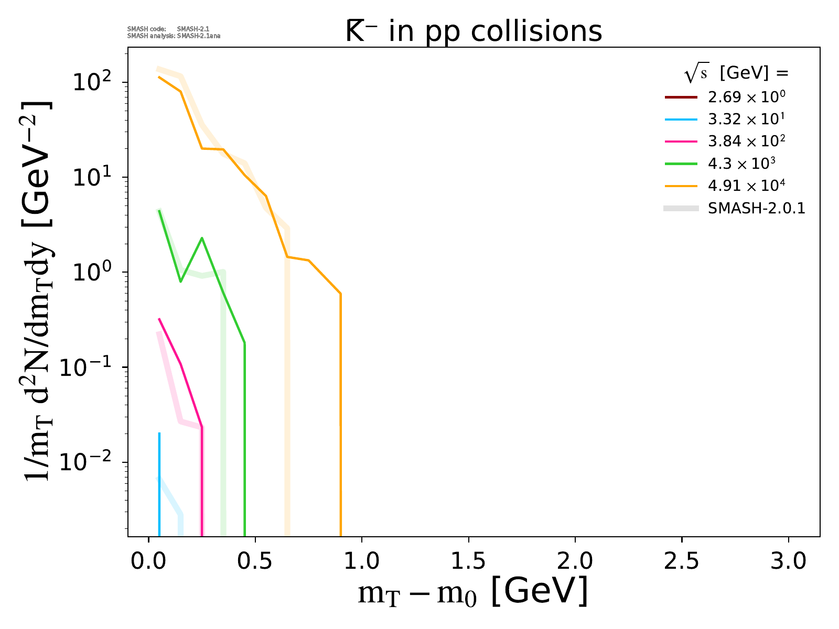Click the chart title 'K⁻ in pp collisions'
point(474,32)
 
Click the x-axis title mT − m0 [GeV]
point(472,592)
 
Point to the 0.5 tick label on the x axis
point(255,561)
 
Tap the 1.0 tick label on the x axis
point(362,561)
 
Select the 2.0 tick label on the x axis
point(575,561)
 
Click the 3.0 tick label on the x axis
point(788,561)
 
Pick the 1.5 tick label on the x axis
point(468,561)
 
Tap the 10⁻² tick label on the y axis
point(90,462)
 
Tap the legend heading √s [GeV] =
point(736,74)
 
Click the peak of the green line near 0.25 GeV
point(202,238)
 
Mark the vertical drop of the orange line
point(340,419)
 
